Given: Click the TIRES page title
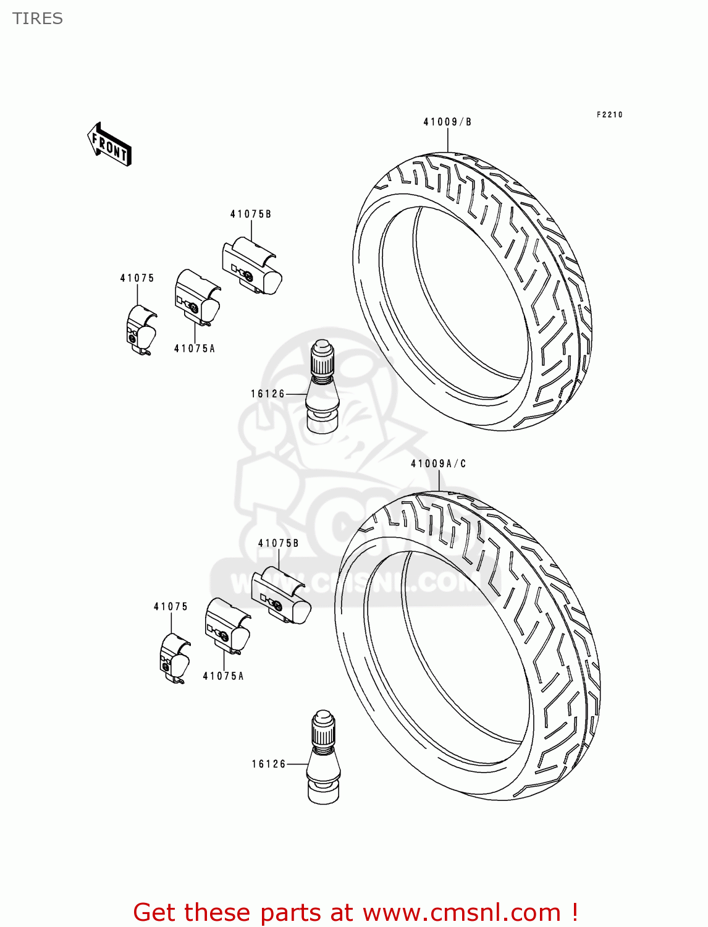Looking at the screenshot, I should tap(38, 19).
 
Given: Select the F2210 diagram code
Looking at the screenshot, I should tap(609, 115).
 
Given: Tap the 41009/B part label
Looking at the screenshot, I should tap(447, 122).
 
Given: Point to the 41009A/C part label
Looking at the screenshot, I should tap(438, 463).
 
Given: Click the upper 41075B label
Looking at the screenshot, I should tap(251, 214).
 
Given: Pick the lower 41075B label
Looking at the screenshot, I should tap(279, 543).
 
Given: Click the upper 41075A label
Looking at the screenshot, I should tap(195, 349).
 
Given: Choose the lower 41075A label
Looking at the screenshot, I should tap(224, 676).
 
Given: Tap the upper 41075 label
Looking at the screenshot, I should tap(137, 278).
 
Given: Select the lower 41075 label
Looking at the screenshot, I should tap(171, 607).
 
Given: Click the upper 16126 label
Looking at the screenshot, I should tap(268, 394).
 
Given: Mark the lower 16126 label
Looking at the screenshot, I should tap(269, 764).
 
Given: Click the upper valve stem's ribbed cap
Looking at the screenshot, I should tap(321, 358).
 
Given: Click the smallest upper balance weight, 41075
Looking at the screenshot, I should tap(140, 331).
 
